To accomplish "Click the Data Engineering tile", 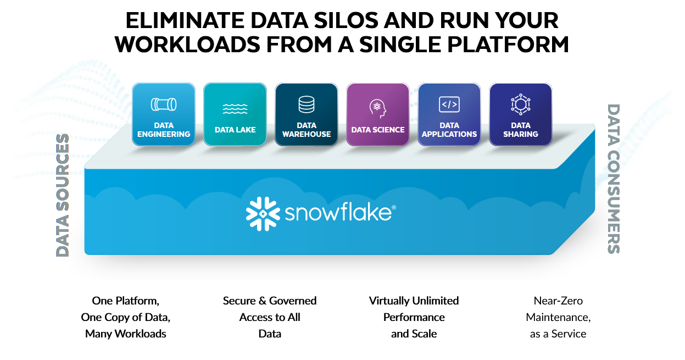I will (164, 114).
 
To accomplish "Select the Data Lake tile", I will (235, 114).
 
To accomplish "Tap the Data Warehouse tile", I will (307, 114).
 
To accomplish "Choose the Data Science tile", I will (378, 114).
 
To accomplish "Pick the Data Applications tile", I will (449, 114).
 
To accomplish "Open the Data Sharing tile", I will (521, 114).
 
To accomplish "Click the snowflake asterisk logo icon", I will (263, 213).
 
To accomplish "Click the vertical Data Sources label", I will (63, 195).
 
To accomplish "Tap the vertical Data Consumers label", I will (614, 179).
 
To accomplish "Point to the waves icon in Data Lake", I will (235, 108).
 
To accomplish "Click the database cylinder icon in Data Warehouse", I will (307, 104).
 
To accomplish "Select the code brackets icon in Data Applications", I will (449, 104).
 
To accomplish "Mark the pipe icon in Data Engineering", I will (164, 104).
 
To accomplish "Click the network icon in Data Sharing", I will (520, 104).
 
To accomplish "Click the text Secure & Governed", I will (270, 301).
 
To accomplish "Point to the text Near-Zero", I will (558, 301).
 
